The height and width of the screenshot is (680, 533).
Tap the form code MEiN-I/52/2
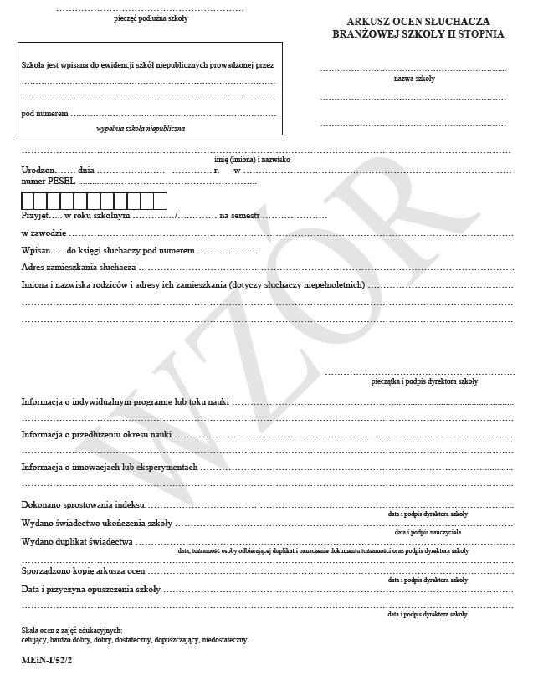coord(49,661)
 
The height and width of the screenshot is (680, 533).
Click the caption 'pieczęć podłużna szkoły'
coord(151,18)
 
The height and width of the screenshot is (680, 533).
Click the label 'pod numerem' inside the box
coord(44,113)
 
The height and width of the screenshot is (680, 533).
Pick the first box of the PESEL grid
coord(28,201)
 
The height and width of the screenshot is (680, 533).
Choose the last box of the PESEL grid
coord(161,201)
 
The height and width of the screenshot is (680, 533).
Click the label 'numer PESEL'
coord(48,180)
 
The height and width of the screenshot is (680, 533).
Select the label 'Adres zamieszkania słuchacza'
coord(79,268)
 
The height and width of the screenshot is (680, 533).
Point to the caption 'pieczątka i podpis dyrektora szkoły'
coord(424,381)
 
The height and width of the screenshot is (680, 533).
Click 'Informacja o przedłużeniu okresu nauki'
coord(96,435)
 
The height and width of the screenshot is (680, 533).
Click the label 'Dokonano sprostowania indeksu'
coord(84,505)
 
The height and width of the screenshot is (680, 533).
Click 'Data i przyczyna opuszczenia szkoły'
coord(90,590)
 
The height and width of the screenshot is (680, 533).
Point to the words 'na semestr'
coord(240,215)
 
